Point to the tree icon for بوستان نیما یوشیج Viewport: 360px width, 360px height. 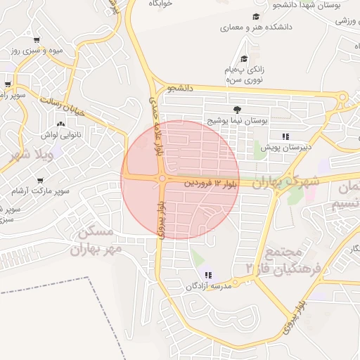pos(237,109)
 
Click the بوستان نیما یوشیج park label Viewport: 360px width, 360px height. pos(237,121)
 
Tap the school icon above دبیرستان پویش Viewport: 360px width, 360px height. pos(285,136)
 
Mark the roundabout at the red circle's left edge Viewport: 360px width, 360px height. pos(162,179)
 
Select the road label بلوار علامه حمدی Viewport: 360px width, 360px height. pos(157,127)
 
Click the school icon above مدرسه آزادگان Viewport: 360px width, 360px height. pos(207,274)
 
